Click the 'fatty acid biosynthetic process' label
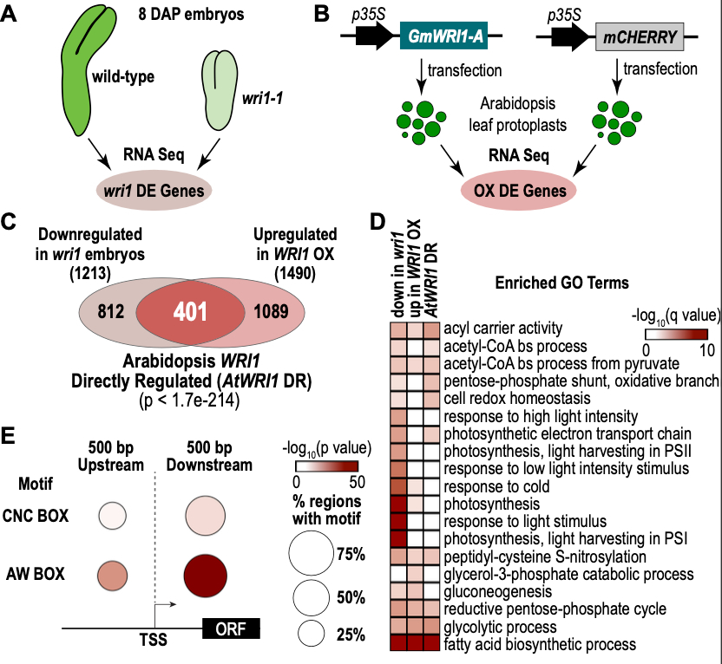[x=527, y=644]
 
